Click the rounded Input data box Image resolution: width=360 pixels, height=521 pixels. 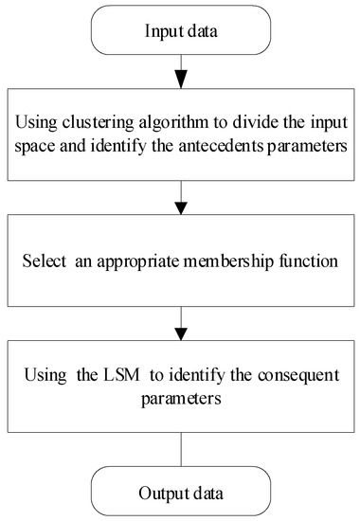(179, 31)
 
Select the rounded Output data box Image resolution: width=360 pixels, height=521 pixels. (179, 491)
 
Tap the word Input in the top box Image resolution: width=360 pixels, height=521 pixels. (162, 31)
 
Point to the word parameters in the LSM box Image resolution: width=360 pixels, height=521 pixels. (179, 399)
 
